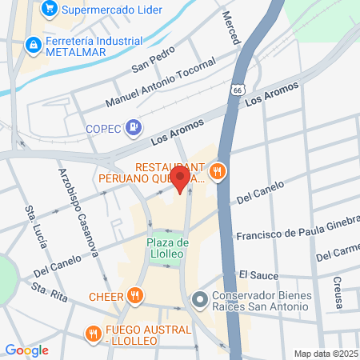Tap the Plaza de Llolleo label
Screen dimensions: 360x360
pos(167,248)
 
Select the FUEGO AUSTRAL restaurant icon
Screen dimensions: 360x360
pos(94,333)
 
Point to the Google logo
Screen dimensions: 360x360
pos(27,350)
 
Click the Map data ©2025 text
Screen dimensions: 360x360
pos(326,354)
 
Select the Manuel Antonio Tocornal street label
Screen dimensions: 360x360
pos(160,84)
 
